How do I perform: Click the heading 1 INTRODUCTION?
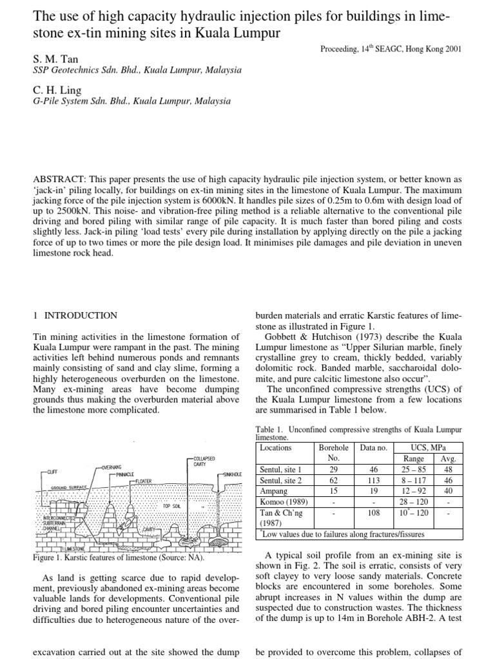75,315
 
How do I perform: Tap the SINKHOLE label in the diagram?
231,474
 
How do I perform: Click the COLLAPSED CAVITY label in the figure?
199,461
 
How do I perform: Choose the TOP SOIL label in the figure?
171,506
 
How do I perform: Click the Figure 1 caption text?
119,557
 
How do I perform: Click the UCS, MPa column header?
428,447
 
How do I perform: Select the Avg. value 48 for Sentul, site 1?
447,470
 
